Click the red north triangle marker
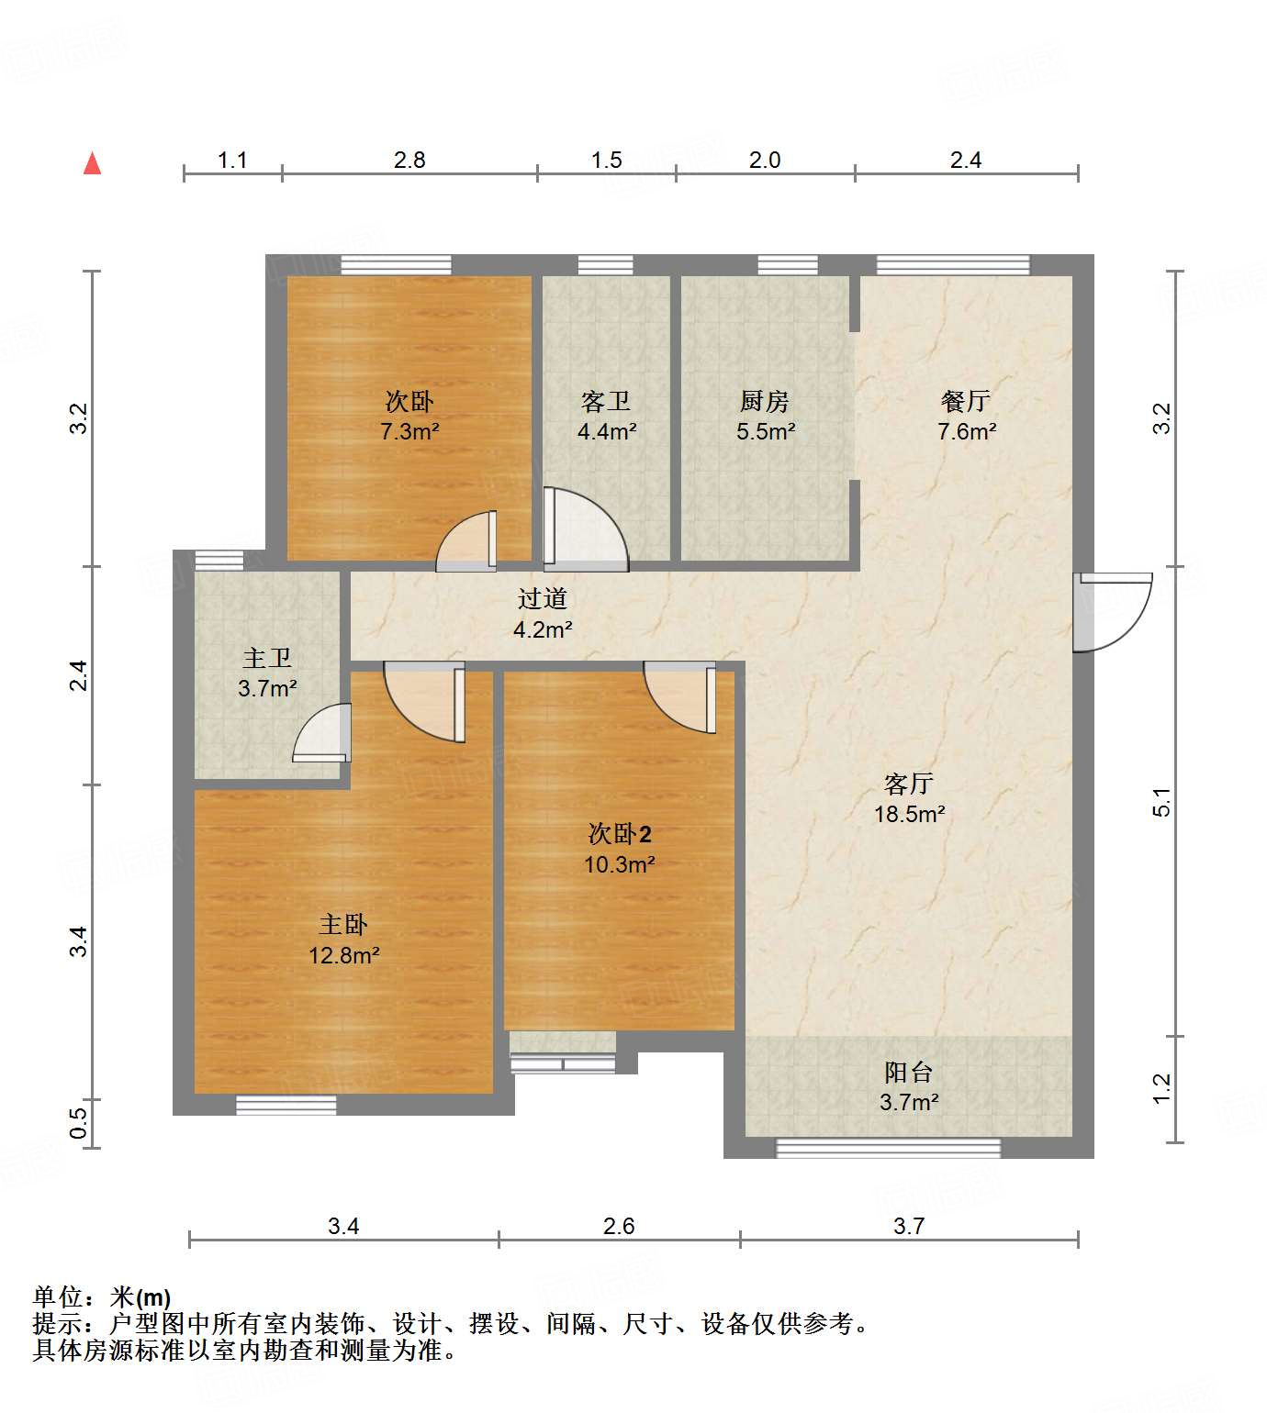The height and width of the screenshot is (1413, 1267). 92,164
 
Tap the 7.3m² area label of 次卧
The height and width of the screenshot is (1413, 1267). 409,431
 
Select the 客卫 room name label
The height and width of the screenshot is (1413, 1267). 606,401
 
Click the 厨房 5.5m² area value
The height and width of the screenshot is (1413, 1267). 765,431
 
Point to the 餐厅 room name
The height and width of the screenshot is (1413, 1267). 966,401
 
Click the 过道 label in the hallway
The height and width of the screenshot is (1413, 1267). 542,599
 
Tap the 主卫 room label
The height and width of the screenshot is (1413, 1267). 267,658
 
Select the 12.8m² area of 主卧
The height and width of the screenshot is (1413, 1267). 343,955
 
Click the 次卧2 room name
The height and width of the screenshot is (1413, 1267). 620,834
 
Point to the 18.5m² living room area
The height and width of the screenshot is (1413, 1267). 909,814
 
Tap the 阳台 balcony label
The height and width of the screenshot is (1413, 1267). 909,1072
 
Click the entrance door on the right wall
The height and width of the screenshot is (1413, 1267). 1113,611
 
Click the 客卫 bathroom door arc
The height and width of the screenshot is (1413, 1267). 586,528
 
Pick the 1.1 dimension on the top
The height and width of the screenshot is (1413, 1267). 232,161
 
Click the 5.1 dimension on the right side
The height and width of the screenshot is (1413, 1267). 1162,803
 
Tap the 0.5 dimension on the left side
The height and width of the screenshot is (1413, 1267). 79,1124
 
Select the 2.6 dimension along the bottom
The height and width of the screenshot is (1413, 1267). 619,1226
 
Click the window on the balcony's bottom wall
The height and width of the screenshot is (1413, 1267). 888,1148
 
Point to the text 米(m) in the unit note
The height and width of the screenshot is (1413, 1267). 140,1297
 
